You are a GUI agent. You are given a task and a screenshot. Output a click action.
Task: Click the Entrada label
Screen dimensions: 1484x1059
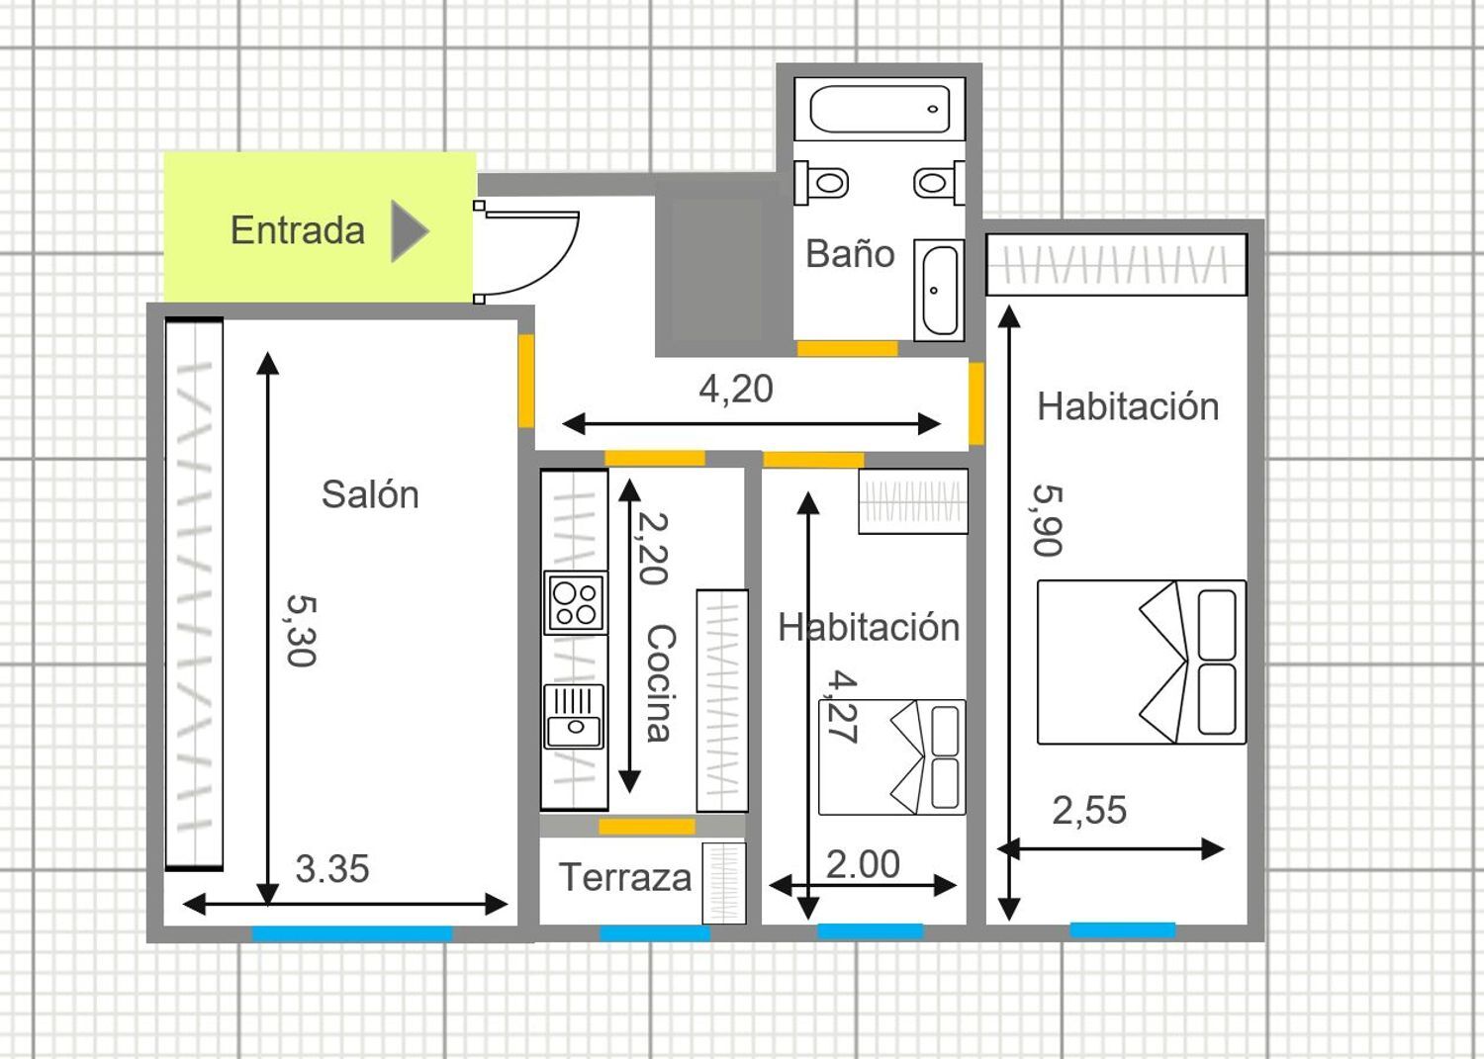(x=298, y=230)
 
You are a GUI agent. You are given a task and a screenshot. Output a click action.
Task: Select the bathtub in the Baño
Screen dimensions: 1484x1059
(x=880, y=109)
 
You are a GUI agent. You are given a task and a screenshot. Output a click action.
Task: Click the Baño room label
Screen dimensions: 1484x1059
(x=850, y=254)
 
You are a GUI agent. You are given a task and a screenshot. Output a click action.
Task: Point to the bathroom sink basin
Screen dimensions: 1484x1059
(x=939, y=290)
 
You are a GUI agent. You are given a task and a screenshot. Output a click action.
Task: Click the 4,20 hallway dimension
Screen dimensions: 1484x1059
(x=736, y=389)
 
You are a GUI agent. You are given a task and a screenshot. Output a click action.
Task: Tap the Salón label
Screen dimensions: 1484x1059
(x=370, y=494)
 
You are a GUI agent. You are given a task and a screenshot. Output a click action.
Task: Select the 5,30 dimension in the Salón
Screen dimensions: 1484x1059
(x=302, y=631)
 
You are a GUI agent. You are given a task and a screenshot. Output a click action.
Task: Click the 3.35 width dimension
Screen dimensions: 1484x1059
(x=331, y=869)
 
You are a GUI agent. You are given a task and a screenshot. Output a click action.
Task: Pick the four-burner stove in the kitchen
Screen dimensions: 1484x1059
(x=575, y=603)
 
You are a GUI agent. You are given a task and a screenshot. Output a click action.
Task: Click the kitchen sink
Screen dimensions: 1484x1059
(x=575, y=717)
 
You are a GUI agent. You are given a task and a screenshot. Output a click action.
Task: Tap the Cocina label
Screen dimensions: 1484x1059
(x=661, y=683)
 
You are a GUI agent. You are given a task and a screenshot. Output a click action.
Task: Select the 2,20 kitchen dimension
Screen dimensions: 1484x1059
(x=653, y=549)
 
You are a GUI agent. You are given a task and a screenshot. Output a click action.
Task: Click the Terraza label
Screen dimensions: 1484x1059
(x=624, y=877)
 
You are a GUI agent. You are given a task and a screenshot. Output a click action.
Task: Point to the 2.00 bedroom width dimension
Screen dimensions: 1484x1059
(x=863, y=864)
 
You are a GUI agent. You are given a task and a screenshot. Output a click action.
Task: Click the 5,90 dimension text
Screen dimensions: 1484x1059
(x=1048, y=520)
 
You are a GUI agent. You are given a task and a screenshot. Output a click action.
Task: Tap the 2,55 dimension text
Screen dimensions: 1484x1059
(x=1089, y=810)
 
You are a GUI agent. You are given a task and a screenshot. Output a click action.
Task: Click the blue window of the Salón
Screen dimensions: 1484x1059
(x=352, y=933)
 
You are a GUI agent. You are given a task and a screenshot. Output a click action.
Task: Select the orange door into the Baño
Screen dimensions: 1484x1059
(x=847, y=348)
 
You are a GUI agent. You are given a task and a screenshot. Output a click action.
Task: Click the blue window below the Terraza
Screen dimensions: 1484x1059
(x=655, y=933)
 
